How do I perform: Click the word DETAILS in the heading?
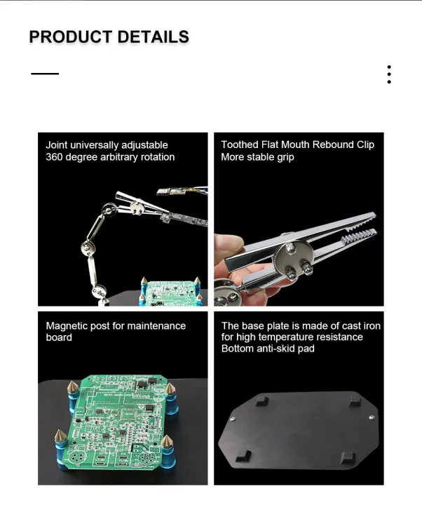tap(151, 37)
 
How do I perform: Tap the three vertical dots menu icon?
tap(389, 74)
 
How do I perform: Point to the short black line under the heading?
tap(45, 74)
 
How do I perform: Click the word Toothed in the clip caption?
tap(240, 144)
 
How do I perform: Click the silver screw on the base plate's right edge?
tap(369, 418)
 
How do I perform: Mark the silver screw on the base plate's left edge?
tap(233, 418)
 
